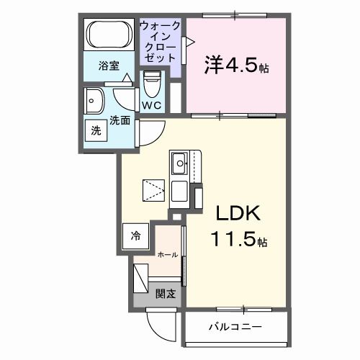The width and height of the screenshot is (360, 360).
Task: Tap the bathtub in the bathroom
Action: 109,35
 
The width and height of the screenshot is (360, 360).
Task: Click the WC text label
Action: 151,105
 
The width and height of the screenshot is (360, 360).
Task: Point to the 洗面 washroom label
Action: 120,121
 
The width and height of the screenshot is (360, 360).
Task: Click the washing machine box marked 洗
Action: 96,131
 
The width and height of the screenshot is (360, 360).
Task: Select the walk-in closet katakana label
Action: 160,42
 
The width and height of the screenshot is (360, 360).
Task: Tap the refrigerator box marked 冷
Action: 135,234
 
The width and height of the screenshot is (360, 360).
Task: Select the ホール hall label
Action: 167,254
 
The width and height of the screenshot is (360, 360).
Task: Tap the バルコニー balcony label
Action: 235,328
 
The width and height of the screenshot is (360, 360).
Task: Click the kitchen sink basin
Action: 178,161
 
